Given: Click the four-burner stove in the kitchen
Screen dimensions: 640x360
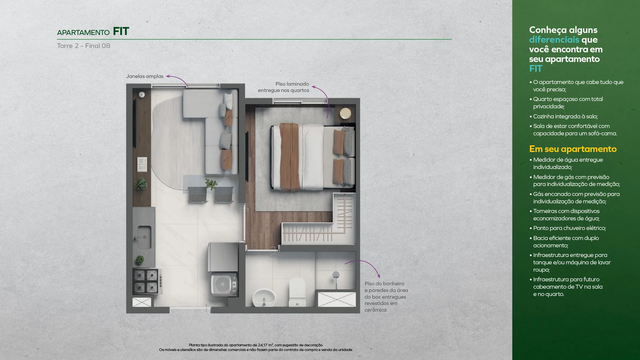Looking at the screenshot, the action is (146, 281).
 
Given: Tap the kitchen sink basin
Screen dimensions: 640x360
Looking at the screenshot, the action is (144, 237).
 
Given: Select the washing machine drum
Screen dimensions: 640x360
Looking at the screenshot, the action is (222, 285).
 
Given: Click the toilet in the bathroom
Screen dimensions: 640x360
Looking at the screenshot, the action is (297, 292).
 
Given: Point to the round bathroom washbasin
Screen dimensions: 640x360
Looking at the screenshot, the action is (264, 297).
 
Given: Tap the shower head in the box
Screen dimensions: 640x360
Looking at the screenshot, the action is (336, 275).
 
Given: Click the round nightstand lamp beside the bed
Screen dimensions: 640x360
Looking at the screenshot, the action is (345, 113).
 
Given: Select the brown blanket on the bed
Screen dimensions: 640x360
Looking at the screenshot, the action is (289, 157).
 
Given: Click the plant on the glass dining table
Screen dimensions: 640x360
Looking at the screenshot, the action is (211, 184).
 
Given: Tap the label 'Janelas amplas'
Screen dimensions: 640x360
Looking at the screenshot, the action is (145, 76).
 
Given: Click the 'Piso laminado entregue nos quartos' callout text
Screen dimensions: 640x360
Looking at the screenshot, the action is (283, 87).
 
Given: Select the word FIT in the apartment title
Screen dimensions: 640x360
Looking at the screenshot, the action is (121, 31).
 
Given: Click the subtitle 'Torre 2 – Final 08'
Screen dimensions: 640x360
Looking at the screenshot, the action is (84, 46).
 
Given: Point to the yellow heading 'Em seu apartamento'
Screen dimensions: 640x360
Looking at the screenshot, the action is (573, 149).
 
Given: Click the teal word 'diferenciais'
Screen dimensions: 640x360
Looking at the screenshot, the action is (554, 39).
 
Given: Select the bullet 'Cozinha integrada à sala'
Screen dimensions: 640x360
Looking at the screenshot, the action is (564, 116).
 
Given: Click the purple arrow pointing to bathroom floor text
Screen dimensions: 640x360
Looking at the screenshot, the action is (364, 266).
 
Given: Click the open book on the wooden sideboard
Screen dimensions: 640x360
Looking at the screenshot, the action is (142, 164).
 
